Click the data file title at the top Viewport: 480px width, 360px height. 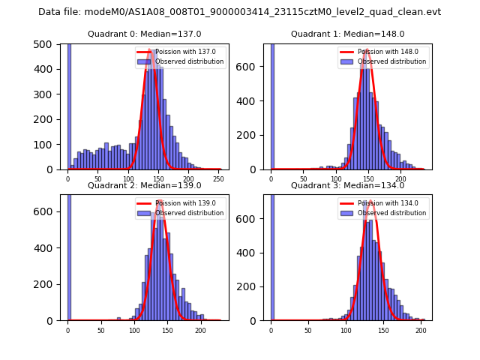click(239, 12)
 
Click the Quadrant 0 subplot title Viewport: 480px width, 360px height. click(145, 34)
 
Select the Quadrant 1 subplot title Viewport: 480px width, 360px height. click(348, 34)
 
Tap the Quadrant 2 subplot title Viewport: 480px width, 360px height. click(145, 185)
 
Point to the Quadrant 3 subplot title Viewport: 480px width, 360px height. click(348, 185)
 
